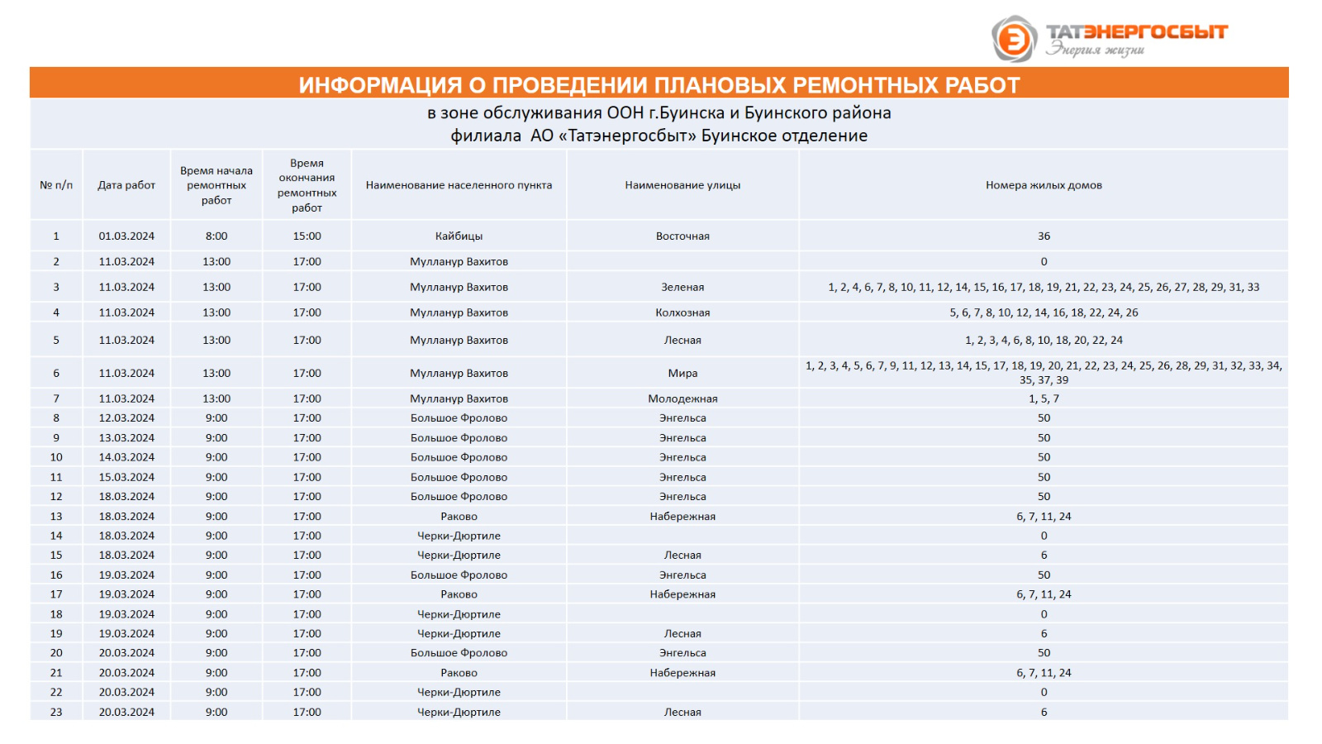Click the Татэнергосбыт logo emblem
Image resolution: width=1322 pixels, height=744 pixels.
tap(1014, 39)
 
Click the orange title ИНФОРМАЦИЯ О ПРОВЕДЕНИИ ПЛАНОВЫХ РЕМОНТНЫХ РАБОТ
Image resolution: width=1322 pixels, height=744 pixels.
tap(659, 85)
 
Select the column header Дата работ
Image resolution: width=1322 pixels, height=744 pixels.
tap(126, 185)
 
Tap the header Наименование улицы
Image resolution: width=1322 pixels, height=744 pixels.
tap(682, 185)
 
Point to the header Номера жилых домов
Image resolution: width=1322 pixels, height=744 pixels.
tap(1044, 185)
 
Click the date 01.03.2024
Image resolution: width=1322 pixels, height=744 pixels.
tap(126, 236)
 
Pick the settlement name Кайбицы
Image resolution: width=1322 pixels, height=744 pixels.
tap(459, 236)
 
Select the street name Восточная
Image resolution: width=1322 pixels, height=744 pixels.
tap(682, 236)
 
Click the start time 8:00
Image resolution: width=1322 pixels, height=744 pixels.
tap(216, 236)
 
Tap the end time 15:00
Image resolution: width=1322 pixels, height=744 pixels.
tap(307, 236)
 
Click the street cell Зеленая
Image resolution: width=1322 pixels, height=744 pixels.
tap(682, 287)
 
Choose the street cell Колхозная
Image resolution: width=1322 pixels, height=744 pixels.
tap(682, 312)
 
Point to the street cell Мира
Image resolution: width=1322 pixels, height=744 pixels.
tap(682, 373)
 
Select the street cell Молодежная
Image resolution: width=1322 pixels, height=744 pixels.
tap(682, 398)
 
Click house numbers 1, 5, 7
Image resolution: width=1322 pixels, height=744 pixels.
tap(1044, 398)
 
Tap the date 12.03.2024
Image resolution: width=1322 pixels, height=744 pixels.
tap(126, 418)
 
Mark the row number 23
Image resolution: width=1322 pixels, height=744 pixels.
tap(56, 712)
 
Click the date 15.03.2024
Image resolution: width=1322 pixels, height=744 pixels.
tap(126, 477)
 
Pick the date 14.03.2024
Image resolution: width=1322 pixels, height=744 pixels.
tap(126, 457)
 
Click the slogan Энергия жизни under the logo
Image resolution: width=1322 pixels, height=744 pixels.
tap(1096, 50)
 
